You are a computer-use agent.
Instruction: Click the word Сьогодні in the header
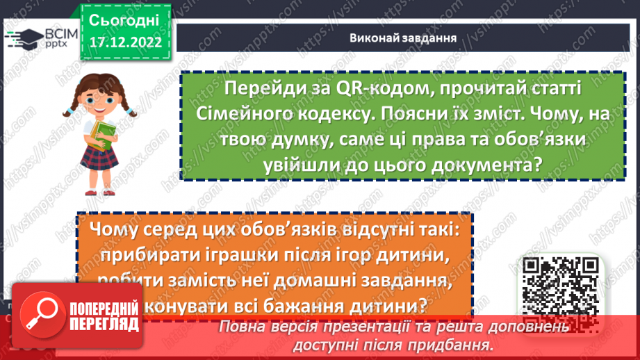(124, 19)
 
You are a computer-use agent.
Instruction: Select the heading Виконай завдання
(403, 38)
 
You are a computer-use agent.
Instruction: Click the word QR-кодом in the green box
(352, 89)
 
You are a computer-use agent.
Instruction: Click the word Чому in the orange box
(120, 231)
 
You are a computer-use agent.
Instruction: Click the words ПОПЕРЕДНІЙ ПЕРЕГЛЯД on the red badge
(101, 318)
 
